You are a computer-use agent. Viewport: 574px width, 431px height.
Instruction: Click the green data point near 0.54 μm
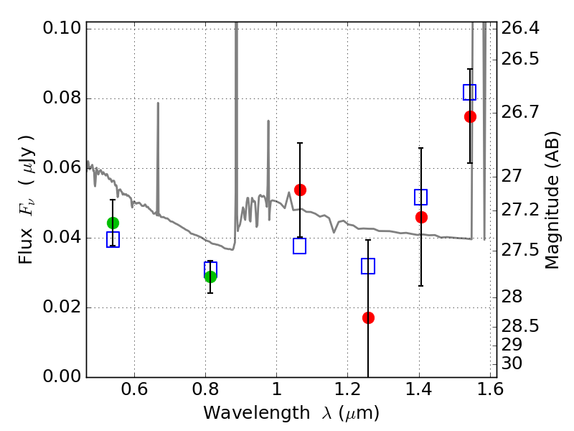pos(113,223)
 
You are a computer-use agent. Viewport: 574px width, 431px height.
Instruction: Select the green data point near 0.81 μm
pos(210,277)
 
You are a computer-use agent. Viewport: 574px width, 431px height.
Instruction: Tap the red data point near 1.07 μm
pos(300,190)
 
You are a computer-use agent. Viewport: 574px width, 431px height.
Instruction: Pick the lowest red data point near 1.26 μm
pos(368,318)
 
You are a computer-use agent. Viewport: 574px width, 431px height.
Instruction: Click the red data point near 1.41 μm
pos(421,217)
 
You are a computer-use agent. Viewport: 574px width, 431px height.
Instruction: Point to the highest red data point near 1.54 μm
pos(470,116)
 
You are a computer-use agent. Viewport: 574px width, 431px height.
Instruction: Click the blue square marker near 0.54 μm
pos(113,240)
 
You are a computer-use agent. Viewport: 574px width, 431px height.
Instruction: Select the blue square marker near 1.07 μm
pos(300,246)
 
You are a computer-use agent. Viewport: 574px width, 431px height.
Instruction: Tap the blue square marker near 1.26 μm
pos(368,267)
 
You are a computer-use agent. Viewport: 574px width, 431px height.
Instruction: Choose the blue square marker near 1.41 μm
pos(421,197)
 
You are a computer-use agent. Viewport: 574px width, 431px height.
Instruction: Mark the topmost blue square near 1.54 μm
pos(470,92)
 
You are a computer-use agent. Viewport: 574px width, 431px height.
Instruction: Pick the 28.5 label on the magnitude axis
pos(527,326)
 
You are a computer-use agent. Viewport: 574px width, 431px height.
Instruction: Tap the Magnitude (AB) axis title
pos(552,200)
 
